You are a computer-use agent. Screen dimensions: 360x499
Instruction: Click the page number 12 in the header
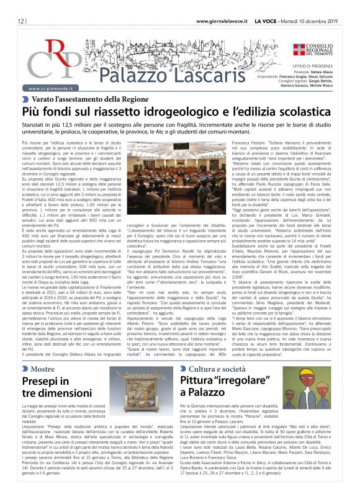coord(21,20)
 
